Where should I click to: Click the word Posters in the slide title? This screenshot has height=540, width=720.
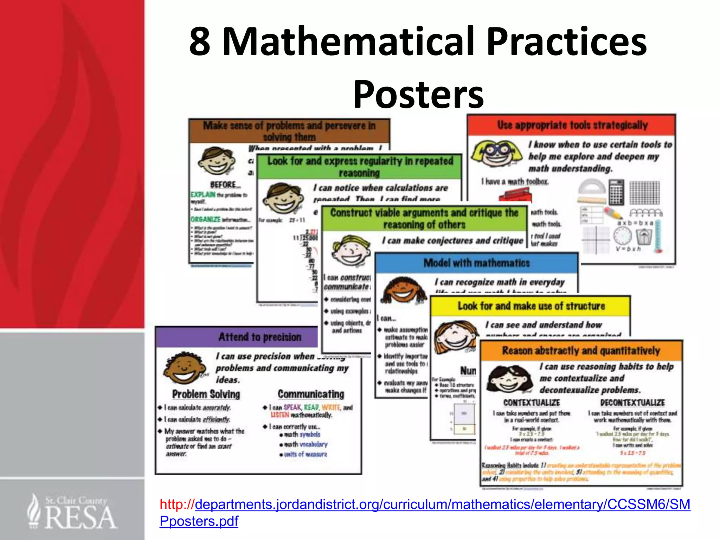click(418, 94)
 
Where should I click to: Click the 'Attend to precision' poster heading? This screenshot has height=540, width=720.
click(260, 337)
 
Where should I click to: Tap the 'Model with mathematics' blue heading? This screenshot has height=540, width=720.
click(476, 263)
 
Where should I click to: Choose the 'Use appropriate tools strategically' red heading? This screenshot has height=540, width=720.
click(572, 125)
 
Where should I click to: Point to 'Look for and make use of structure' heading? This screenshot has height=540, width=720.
click(531, 306)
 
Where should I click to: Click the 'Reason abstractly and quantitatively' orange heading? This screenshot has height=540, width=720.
click(581, 351)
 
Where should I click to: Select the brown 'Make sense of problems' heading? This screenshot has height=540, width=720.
click(289, 131)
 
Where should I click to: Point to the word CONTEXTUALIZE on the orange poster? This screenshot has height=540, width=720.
click(531, 403)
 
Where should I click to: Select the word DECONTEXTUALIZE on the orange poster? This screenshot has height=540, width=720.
click(632, 403)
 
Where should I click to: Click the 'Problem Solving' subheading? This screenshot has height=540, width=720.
click(206, 394)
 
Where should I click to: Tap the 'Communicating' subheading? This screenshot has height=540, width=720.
click(311, 394)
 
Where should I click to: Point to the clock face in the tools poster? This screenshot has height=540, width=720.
click(622, 236)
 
